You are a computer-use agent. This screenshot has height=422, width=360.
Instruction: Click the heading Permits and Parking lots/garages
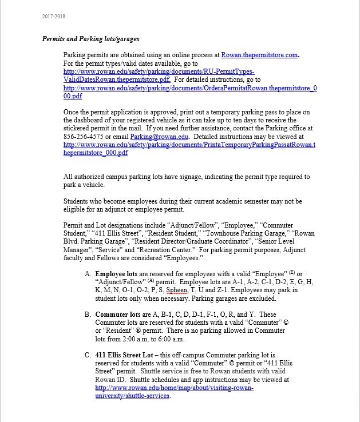point(90,39)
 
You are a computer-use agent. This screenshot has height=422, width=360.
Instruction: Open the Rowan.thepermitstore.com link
point(259,55)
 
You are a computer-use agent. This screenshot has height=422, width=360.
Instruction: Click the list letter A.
point(88,274)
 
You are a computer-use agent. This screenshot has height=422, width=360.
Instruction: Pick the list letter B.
point(88,314)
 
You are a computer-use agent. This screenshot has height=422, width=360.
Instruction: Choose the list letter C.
point(88,355)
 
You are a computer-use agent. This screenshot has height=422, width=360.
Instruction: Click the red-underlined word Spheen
point(177,290)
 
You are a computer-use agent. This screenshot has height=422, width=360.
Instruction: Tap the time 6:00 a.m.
point(169,339)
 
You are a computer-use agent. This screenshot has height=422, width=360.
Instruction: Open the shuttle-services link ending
point(132,396)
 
